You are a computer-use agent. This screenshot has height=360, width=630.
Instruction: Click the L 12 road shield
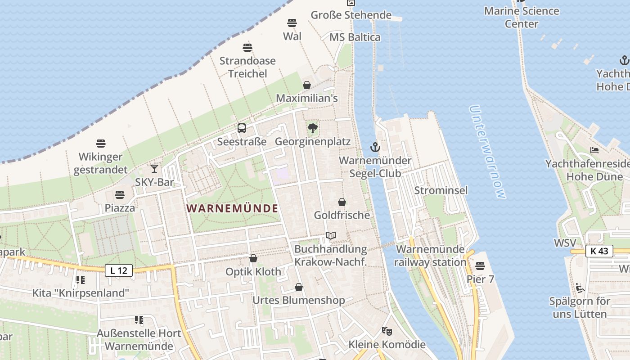119,270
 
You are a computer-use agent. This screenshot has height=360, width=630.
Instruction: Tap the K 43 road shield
599,251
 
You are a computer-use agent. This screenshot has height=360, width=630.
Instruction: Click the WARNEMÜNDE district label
232,209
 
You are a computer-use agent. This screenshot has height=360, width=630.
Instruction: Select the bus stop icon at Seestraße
242,128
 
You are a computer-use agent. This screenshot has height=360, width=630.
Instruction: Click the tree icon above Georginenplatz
312,128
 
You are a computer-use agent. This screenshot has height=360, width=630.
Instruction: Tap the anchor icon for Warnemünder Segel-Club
375,147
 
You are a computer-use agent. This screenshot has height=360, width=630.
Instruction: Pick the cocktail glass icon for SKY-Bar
154,169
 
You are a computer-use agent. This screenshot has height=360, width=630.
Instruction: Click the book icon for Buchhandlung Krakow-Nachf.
331,236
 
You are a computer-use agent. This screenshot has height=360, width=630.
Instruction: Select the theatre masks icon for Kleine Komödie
387,331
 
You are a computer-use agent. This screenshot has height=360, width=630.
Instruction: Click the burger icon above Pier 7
480,266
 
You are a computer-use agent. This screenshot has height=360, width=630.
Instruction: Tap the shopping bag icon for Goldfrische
342,202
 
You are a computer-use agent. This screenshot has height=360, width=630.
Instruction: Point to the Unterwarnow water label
487,152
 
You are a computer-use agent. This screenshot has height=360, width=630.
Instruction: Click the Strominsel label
441,190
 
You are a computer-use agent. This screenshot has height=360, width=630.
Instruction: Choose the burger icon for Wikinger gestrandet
101,144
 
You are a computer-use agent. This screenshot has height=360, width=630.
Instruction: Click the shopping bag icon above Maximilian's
307,85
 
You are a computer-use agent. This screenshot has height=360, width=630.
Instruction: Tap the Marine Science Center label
522,17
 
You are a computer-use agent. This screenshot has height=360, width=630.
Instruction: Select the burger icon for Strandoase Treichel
247,47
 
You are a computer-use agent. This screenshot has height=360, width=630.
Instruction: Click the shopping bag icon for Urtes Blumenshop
299,287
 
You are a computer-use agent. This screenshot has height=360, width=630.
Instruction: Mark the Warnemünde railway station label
431,256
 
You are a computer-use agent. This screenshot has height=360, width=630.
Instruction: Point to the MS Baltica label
355,37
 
